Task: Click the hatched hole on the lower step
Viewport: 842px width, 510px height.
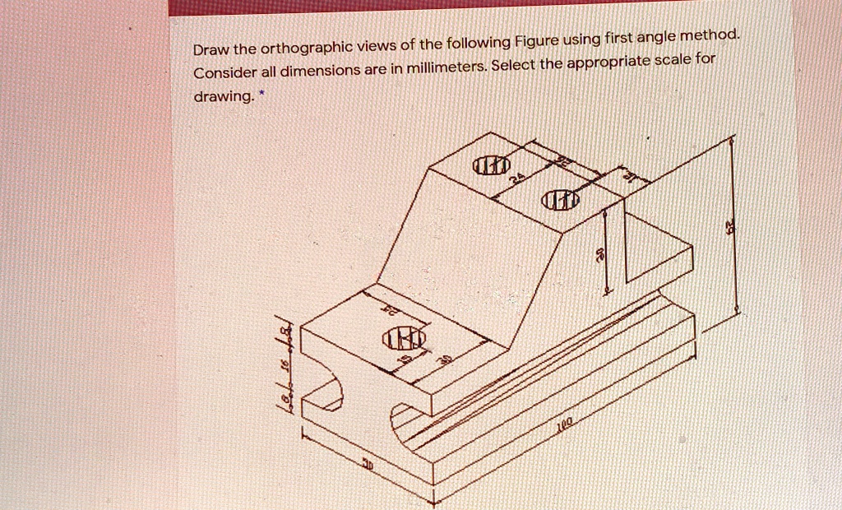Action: coord(403,340)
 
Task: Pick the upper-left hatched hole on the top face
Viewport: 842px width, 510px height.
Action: coord(485,167)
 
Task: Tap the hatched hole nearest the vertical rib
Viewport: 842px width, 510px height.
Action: coord(561,200)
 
